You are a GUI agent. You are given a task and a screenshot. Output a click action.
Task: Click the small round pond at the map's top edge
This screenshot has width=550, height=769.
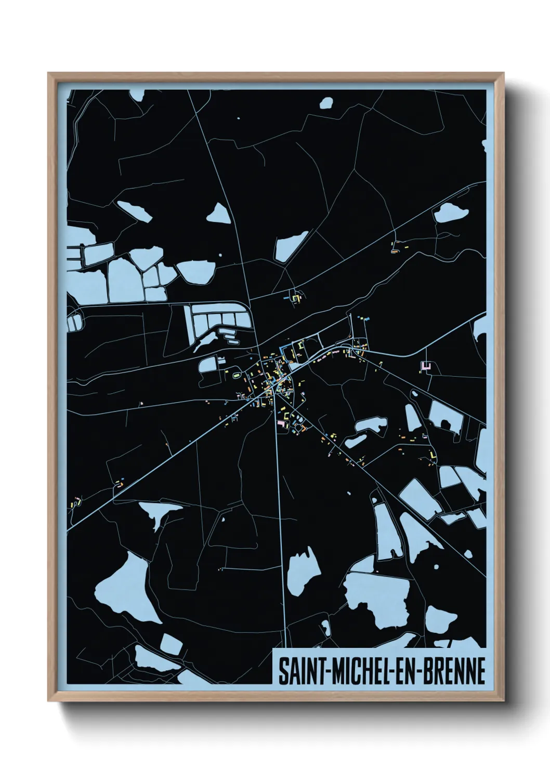[x=326, y=102]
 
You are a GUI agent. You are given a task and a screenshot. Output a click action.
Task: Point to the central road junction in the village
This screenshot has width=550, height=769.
[x=280, y=385]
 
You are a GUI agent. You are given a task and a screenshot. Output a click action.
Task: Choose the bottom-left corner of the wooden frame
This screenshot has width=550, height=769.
[x=49, y=701]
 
